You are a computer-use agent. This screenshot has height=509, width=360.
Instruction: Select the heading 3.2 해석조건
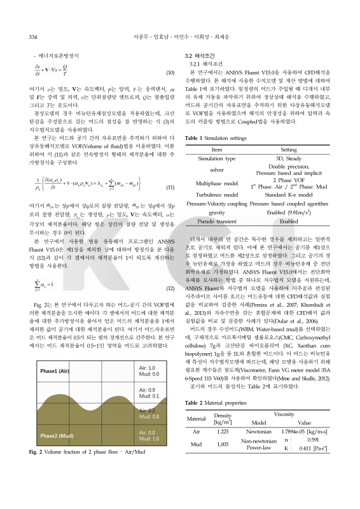click(202, 57)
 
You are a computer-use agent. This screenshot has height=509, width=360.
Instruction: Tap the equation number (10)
click(170, 74)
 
